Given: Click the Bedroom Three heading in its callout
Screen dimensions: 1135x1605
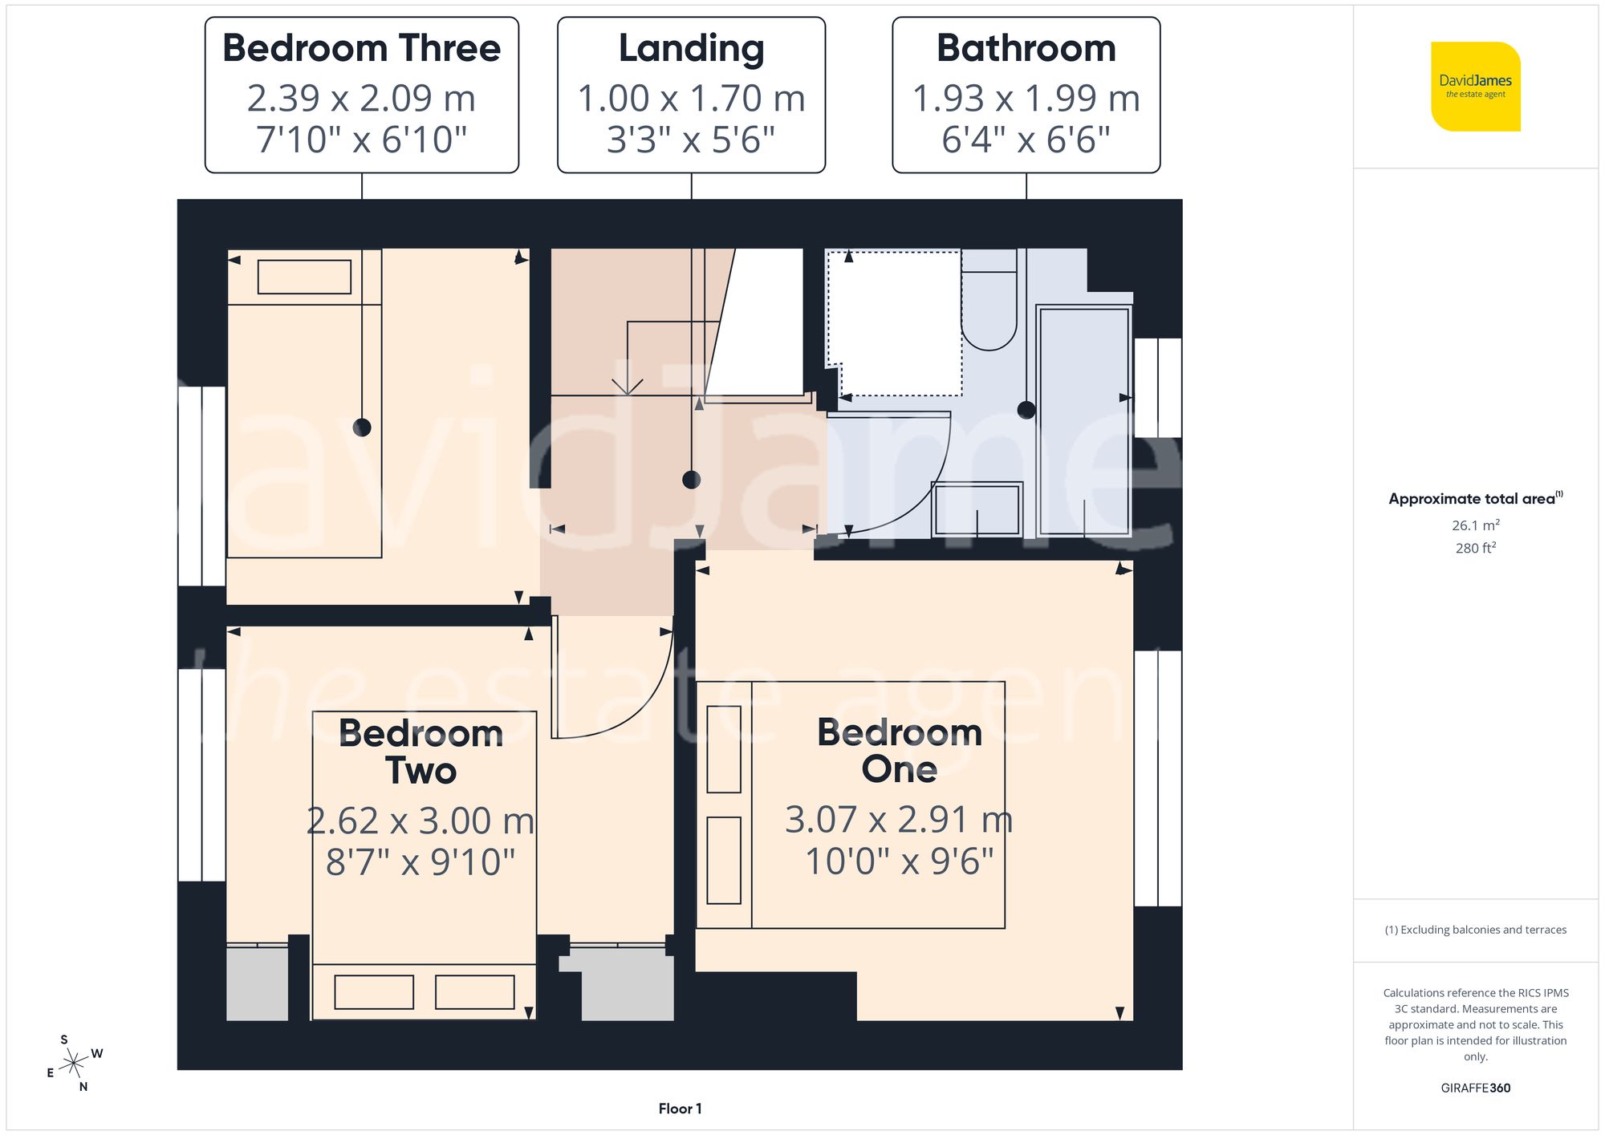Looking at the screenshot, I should tap(361, 48).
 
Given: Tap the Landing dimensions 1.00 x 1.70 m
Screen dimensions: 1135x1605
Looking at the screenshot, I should tap(691, 99).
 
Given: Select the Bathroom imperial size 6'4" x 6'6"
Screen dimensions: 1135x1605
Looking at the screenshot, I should tap(1026, 140).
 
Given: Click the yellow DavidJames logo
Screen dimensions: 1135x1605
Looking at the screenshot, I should tap(1475, 87).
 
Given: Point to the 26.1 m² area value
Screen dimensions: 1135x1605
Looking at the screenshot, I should tap(1475, 525).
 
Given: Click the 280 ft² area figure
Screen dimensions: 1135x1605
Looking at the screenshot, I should tap(1475, 548).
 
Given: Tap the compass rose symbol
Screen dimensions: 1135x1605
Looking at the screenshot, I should tap(74, 1063).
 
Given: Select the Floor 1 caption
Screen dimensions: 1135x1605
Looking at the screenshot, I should tap(680, 1109).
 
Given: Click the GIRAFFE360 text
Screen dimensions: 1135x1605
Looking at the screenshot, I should tap(1475, 1088).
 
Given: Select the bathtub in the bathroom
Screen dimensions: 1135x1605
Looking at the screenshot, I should tap(1083, 421).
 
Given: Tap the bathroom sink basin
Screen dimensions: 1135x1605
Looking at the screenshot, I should tap(977, 509).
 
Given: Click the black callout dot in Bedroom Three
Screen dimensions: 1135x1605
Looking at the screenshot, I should tap(362, 428).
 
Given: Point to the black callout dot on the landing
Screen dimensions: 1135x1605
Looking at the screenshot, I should tap(691, 480).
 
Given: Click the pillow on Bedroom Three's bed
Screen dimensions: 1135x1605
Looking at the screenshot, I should tap(304, 277).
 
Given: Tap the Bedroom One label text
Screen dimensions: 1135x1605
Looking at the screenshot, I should tap(899, 750).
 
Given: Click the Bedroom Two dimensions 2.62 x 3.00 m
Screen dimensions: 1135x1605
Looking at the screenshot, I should tap(421, 821).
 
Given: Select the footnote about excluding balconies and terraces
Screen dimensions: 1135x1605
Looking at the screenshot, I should tap(1475, 930).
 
